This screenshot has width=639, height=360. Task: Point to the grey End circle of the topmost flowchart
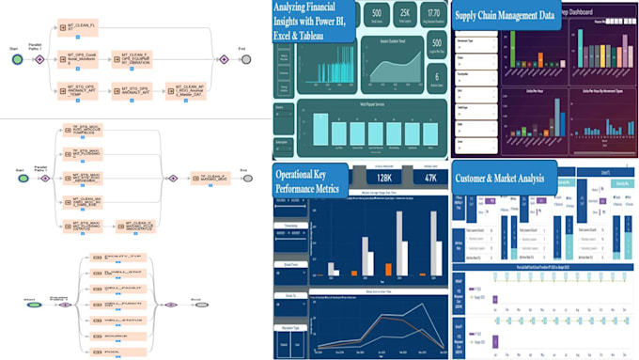245,59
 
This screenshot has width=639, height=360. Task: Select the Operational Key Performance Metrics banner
311,180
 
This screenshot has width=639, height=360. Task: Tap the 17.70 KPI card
434,14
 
